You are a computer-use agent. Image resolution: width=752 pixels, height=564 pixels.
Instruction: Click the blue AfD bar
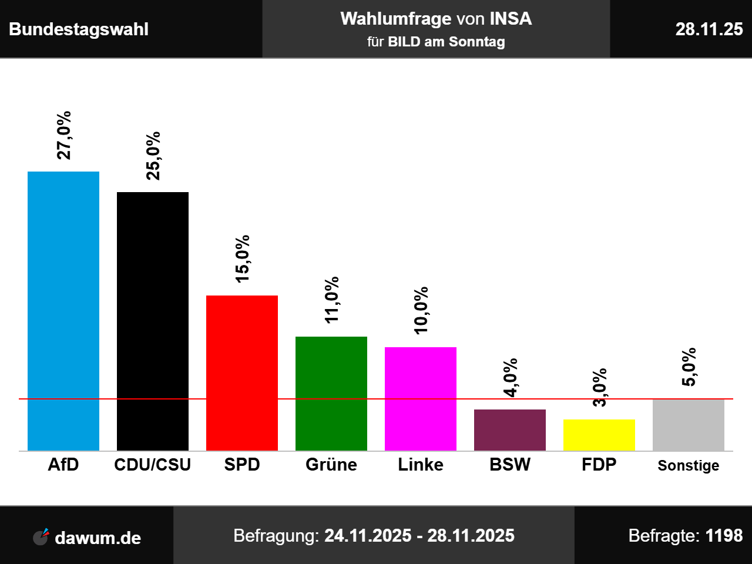[x=63, y=311]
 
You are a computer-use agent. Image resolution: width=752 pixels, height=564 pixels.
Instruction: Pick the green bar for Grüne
[x=331, y=393]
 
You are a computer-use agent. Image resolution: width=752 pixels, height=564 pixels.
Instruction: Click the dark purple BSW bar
[x=510, y=429]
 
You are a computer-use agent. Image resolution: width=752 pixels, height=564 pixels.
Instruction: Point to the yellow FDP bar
[x=599, y=435]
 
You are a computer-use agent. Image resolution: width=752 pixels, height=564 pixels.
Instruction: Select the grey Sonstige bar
[x=689, y=425]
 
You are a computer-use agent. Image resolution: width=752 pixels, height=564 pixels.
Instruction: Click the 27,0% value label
[x=63, y=135]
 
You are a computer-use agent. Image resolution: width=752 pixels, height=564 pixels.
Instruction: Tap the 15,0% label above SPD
[x=242, y=258]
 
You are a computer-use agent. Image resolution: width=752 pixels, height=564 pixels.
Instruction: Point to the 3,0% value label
[x=599, y=387]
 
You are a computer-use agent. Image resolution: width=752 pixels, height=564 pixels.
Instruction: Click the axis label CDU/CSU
[x=153, y=465]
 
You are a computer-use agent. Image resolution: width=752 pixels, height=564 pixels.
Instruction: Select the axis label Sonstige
[x=689, y=465]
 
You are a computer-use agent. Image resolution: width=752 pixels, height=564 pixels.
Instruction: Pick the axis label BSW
[x=510, y=465]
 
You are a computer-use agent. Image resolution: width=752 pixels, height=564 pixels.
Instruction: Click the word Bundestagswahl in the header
[x=79, y=29]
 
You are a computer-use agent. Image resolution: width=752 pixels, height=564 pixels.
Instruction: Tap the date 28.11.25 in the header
[x=709, y=29]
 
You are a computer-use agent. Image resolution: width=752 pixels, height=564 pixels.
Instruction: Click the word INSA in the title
[x=511, y=19]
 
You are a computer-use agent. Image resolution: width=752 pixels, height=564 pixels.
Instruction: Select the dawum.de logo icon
[x=41, y=537]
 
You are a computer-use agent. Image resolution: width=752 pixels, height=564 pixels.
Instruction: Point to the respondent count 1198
[x=724, y=536]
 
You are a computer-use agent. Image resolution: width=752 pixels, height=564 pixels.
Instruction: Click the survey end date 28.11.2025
[x=471, y=536]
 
